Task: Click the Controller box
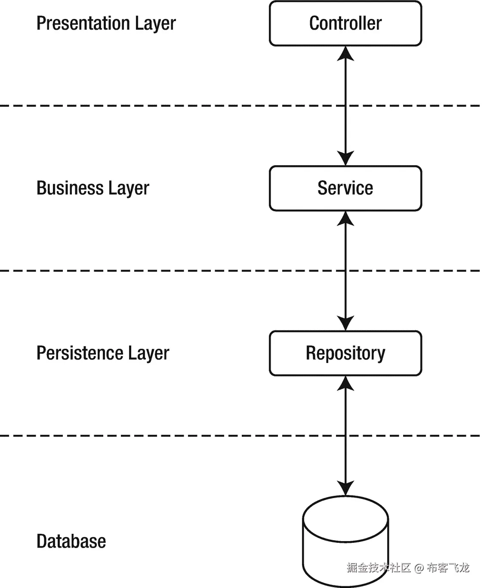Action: pos(345,24)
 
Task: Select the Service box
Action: pos(345,188)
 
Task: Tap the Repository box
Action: pos(345,353)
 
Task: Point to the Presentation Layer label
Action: pos(106,24)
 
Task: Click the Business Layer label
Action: pos(92,188)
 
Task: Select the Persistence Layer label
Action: pos(102,353)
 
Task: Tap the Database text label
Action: pos(71,541)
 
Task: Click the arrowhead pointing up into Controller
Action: pos(345,53)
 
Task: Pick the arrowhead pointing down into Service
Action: pos(345,158)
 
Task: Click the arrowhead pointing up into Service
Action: pos(345,219)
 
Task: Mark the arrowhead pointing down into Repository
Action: pos(345,323)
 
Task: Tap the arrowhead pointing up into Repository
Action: pos(345,383)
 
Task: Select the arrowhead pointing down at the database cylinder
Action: pos(345,488)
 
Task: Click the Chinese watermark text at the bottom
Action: pos(407,568)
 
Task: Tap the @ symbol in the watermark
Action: pos(419,568)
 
